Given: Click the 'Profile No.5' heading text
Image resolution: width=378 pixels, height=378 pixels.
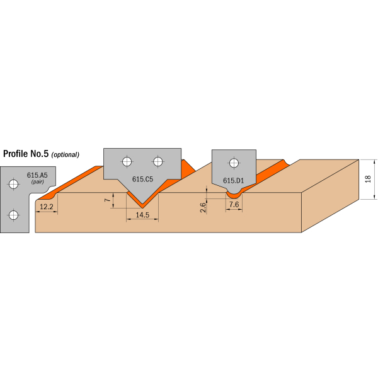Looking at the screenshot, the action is pos(26,154).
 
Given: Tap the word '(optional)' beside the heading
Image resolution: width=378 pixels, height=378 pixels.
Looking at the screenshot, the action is pos(65,154).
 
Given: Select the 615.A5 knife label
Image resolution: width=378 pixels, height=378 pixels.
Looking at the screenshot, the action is pos(37,175).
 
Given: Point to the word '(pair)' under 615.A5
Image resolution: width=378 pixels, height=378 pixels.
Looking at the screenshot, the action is pos(37,181).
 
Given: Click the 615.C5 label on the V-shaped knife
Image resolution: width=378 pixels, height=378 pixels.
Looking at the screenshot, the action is pos(142,179).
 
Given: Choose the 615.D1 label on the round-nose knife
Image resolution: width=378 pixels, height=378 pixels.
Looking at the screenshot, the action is pos(233,181).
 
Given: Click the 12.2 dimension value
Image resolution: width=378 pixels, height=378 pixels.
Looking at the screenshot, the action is pos(46,207).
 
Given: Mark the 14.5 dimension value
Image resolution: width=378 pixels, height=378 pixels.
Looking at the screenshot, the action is pos(142,215).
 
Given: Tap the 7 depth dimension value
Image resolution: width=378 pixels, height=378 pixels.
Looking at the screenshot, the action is pos(108,200).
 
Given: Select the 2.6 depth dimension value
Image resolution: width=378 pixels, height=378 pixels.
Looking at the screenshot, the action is pos(203,207).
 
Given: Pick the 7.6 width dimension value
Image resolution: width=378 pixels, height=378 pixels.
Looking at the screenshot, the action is pos(234,204).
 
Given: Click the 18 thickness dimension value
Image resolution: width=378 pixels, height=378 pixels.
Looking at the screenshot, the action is pos(368,179).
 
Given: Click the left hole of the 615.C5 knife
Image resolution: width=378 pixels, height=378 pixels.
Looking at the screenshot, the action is pos(127,161).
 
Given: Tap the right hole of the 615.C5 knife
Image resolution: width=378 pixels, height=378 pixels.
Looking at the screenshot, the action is pos(158,161).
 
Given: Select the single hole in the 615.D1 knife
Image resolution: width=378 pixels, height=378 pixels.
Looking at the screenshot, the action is pos(234,163).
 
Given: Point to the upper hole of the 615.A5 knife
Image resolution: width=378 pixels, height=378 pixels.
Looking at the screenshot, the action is pos(13,184).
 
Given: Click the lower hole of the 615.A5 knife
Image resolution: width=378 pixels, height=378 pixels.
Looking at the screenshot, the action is pos(13,215).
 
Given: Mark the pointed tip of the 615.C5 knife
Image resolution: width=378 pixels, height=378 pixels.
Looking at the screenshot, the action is pos(142,204).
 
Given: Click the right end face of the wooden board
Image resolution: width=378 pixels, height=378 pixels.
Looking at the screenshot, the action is pos(330,196).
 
